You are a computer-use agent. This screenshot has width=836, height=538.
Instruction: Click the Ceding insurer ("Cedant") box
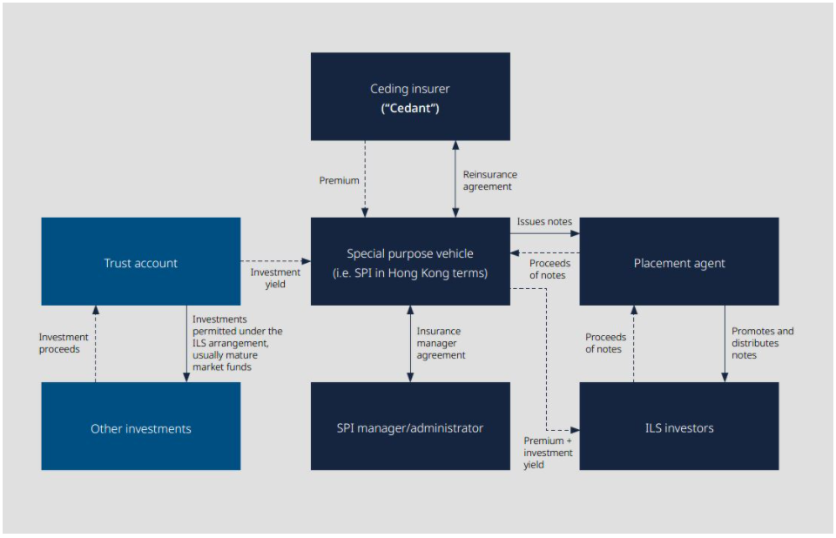(x=410, y=97)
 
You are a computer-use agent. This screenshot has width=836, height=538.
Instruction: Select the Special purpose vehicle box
(x=410, y=261)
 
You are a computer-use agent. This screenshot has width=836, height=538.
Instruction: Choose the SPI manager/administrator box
(x=410, y=427)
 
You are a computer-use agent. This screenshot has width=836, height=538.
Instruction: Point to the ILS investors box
(x=678, y=427)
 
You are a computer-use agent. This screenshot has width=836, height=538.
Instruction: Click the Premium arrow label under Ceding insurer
(x=339, y=180)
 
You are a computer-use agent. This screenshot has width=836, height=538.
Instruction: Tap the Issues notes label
(x=544, y=222)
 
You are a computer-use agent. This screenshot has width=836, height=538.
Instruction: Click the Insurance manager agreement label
(x=441, y=343)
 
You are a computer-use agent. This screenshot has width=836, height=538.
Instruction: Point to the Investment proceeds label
(x=64, y=343)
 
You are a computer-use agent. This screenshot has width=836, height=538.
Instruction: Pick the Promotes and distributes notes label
(x=762, y=343)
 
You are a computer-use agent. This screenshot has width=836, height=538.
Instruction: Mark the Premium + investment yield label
(x=548, y=453)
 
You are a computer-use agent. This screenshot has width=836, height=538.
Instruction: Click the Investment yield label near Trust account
(x=275, y=279)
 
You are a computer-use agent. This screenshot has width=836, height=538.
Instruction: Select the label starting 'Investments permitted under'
(x=237, y=343)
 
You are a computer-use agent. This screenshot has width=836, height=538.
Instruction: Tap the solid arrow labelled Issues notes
(x=544, y=233)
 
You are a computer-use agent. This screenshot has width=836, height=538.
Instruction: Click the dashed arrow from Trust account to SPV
(x=275, y=260)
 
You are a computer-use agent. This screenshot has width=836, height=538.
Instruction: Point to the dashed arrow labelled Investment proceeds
(x=96, y=343)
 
